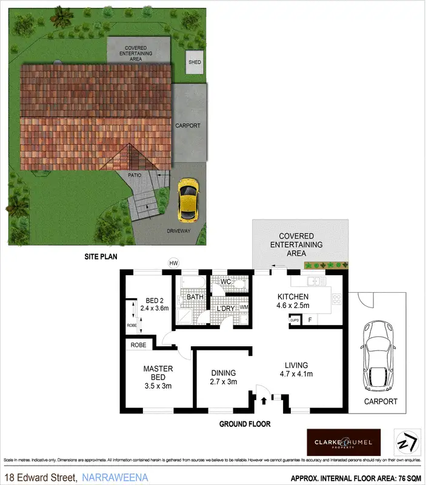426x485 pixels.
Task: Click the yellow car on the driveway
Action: pyautogui.click(x=188, y=200)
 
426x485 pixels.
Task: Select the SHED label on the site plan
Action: pyautogui.click(x=195, y=62)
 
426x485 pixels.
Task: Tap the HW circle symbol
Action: pyautogui.click(x=174, y=263)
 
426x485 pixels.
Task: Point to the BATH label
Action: pyautogui.click(x=195, y=298)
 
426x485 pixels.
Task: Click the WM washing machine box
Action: pyautogui.click(x=244, y=307)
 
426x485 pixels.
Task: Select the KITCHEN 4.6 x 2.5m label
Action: pyautogui.click(x=293, y=301)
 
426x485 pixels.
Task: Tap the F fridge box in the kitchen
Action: pyautogui.click(x=310, y=319)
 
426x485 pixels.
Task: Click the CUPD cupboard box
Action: pyautogui.click(x=295, y=319)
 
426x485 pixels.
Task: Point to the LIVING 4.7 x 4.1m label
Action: pyautogui.click(x=297, y=370)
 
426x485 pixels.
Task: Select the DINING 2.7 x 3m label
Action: pyautogui.click(x=223, y=377)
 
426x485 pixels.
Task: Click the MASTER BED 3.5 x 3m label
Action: pyautogui.click(x=158, y=377)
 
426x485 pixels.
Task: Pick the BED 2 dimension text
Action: pyautogui.click(x=153, y=308)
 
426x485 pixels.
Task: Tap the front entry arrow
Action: pyautogui.click(x=264, y=400)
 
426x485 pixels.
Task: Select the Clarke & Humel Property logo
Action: pyautogui.click(x=344, y=442)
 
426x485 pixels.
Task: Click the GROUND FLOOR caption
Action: pyautogui.click(x=245, y=424)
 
